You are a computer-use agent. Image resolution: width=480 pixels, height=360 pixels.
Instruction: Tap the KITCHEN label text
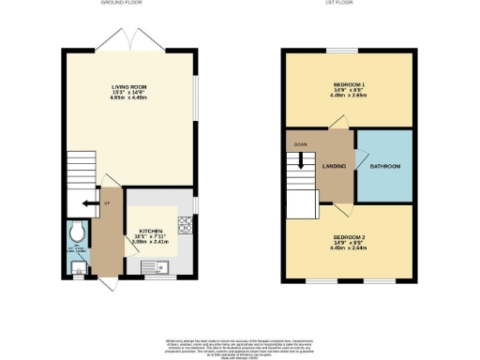(152, 230)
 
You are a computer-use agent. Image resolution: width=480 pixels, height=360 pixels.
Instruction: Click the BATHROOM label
(385, 166)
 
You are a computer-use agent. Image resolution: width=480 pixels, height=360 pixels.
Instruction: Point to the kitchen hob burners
(184, 225)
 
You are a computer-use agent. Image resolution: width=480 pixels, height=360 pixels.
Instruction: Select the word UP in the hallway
(107, 203)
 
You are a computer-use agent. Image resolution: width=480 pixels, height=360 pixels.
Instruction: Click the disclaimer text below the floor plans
(240, 344)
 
